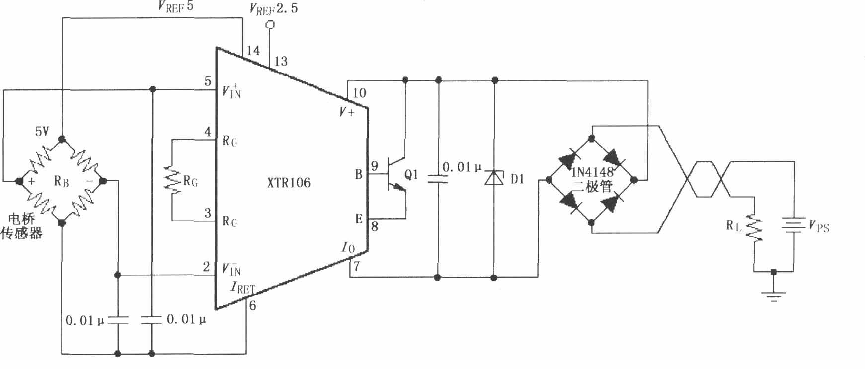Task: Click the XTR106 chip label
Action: tap(289, 183)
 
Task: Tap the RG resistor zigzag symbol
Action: tap(173, 179)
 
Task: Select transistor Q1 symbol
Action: tap(395, 175)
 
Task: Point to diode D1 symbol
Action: tap(494, 177)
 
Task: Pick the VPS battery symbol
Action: tap(793, 225)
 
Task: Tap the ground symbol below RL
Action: tap(773, 296)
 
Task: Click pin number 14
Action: tap(253, 51)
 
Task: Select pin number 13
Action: tap(281, 62)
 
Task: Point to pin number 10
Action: tap(359, 93)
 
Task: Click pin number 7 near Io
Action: tap(356, 267)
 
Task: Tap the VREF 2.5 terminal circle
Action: tap(270, 24)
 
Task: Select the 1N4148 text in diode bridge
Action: tap(592, 172)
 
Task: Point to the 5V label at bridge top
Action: tap(42, 131)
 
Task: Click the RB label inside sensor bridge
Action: tap(61, 181)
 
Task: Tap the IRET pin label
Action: tap(242, 288)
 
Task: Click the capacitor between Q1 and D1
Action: tap(438, 179)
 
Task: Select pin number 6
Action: tap(252, 306)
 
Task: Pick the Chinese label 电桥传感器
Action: tap(21, 226)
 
